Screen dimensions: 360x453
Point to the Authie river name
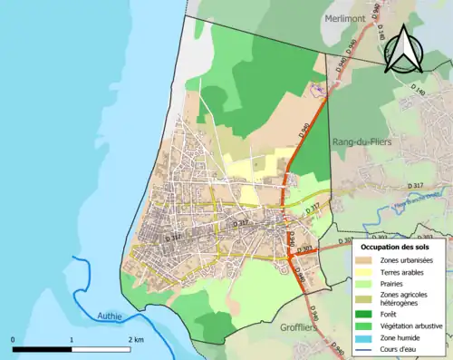pyautogui.click(x=111, y=316)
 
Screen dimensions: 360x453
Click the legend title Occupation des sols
pyautogui.click(x=397, y=246)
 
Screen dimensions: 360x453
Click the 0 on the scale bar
pyautogui.click(x=13, y=339)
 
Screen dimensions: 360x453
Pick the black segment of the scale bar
pyautogui.click(x=42, y=348)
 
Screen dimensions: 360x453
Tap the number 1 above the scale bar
pyautogui.click(x=71, y=339)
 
